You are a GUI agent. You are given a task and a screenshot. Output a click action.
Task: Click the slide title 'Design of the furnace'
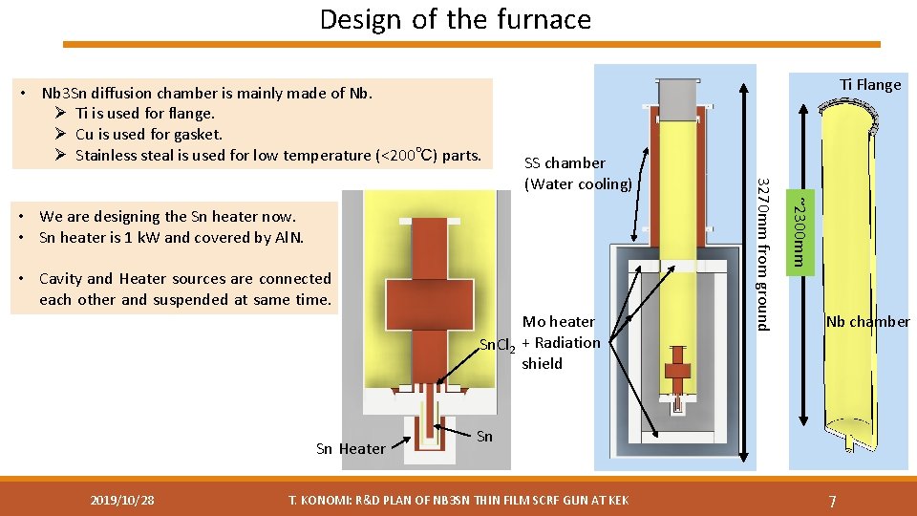click(x=456, y=19)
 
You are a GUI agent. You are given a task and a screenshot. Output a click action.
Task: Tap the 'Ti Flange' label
click(x=870, y=85)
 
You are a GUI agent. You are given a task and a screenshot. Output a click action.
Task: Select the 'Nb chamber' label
click(x=867, y=322)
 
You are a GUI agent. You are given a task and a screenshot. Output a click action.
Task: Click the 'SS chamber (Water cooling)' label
click(x=578, y=173)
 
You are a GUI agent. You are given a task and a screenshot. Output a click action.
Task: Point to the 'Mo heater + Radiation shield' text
click(x=561, y=342)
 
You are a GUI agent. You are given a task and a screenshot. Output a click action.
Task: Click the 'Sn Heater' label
click(x=351, y=449)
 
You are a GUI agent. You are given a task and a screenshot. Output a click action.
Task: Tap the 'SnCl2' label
click(x=498, y=345)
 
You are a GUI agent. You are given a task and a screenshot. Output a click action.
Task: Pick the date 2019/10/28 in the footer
click(x=122, y=500)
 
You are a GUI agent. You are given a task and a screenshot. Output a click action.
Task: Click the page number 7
click(x=833, y=501)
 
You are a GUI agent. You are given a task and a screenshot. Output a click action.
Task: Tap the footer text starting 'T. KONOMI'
click(x=458, y=500)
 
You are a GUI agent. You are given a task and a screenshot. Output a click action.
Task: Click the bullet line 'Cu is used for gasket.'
click(x=148, y=135)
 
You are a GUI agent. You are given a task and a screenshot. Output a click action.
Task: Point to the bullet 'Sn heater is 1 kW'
click(x=172, y=238)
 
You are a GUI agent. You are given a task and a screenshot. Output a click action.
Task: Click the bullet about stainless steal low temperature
click(x=277, y=156)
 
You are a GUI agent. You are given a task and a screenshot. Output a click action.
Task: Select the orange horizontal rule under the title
click(x=471, y=44)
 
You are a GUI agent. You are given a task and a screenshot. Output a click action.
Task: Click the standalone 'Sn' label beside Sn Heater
click(x=484, y=437)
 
